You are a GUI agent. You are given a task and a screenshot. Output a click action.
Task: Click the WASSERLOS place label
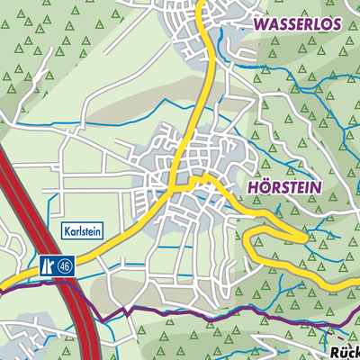click(298, 25)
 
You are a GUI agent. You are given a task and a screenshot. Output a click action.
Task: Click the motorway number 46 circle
click(65, 266)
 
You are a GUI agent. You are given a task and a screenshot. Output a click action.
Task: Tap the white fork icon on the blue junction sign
click(47, 266)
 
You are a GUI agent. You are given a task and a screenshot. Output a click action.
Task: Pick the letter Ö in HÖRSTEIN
click(261, 190)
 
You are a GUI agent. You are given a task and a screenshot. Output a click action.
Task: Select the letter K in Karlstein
click(67, 232)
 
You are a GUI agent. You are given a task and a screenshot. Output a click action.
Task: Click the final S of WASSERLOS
click(336, 25)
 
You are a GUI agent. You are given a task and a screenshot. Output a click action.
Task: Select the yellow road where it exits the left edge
click(2, 290)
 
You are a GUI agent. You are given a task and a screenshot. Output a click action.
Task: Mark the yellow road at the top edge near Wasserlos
click(203, 3)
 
